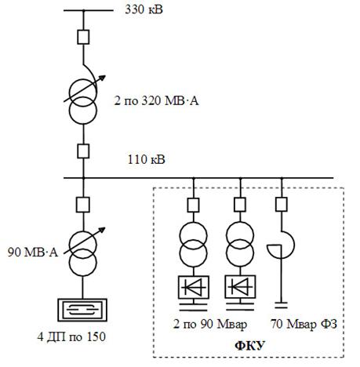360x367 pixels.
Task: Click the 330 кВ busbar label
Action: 144,9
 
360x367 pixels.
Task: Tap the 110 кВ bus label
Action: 146,159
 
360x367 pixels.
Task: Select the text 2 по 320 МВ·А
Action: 156,100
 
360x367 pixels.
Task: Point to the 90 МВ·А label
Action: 33,253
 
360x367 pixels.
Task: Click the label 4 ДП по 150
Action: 71,336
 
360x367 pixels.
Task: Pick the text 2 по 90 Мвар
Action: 210,325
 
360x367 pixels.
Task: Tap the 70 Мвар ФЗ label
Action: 304,325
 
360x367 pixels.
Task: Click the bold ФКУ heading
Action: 250,346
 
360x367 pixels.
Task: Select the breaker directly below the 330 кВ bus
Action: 83,37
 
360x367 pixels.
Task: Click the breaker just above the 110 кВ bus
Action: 83,151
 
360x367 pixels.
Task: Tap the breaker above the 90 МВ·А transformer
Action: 83,205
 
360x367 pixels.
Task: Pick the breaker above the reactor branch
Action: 282,205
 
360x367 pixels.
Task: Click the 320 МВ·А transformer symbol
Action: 83,101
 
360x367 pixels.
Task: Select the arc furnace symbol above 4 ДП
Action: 82,310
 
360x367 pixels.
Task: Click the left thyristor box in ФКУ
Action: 194,287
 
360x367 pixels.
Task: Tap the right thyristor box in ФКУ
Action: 240,287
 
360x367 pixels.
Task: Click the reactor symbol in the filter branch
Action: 281,245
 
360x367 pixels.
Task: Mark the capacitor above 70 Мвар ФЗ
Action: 281,305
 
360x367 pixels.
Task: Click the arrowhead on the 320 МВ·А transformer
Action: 103,78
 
